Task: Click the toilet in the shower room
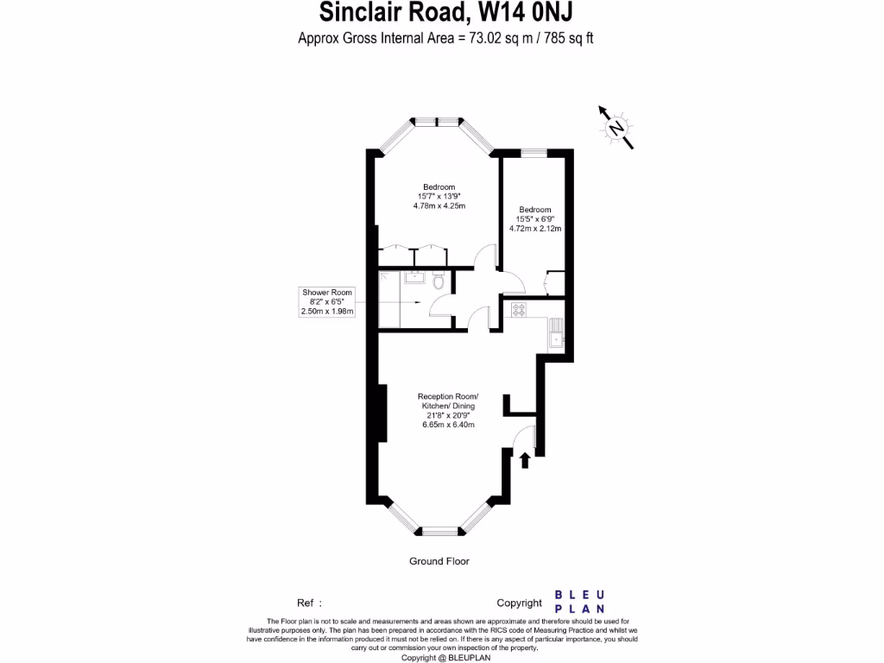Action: [x=439, y=282]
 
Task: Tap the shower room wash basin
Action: [x=411, y=278]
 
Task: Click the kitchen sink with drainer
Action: [x=557, y=333]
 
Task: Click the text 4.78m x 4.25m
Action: [x=439, y=205]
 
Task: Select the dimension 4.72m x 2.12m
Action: [x=535, y=229]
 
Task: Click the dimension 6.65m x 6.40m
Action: [x=448, y=425]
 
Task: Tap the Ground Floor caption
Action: [x=439, y=561]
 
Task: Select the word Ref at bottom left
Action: [x=306, y=603]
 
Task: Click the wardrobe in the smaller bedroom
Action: [x=555, y=283]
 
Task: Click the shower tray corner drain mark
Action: [x=419, y=303]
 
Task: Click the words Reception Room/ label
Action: [x=448, y=396]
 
